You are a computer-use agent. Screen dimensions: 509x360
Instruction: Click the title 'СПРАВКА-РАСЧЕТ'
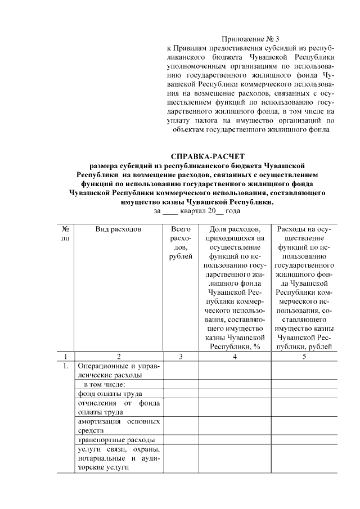[208, 156]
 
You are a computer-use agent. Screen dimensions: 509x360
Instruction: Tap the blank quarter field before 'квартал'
[170, 211]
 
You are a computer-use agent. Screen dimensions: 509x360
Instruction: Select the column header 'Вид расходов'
[118, 229]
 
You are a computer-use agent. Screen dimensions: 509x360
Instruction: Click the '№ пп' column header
[66, 234]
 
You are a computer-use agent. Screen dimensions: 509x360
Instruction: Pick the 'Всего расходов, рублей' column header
[180, 243]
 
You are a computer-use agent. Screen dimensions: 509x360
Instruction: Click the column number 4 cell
[234, 356]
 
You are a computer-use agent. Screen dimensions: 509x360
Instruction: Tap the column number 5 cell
[304, 356]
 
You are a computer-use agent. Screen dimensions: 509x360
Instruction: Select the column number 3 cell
[180, 356]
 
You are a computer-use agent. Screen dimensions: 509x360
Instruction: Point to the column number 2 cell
[118, 356]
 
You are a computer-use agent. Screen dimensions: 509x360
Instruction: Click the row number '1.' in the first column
[66, 367]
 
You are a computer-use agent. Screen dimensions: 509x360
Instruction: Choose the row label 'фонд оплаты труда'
[109, 394]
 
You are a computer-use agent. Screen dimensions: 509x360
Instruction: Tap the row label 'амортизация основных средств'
[118, 426]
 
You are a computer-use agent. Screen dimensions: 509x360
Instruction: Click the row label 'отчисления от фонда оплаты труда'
[118, 408]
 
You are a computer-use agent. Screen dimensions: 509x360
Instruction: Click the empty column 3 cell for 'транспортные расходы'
[180, 439]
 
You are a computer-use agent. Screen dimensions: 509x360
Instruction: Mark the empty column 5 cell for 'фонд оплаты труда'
[304, 394]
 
